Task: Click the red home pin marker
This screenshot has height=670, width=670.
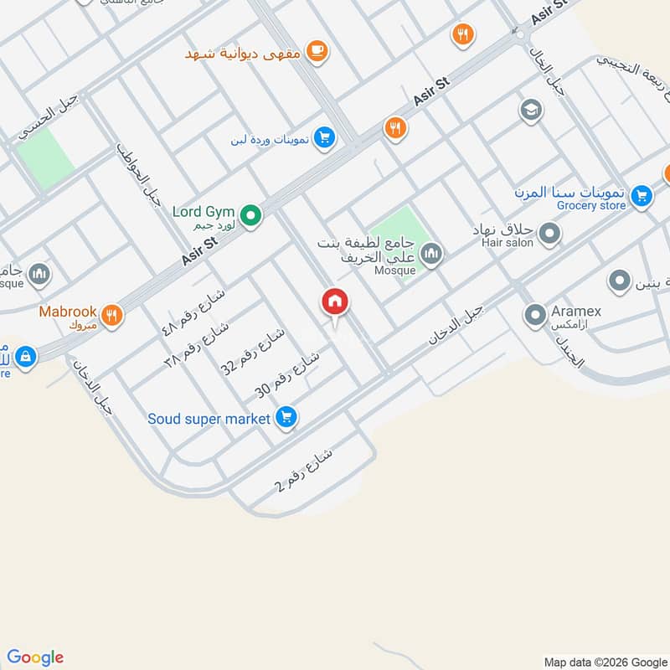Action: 335,302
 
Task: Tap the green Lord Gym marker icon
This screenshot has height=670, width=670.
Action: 250,217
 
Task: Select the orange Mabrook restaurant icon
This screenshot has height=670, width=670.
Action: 111,315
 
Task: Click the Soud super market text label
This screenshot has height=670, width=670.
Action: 209,418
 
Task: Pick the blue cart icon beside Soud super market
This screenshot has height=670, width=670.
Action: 286,417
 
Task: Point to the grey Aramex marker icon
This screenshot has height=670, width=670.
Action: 535,316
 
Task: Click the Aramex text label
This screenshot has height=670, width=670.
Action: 576,311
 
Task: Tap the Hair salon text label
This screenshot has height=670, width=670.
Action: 507,243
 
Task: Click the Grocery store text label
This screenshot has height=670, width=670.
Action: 591,205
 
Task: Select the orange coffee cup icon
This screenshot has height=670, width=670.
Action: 316,51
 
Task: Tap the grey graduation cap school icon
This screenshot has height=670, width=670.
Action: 530,111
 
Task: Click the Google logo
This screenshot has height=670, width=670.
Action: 35,657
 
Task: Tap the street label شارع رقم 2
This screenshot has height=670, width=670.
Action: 303,471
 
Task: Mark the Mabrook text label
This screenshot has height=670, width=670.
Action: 68,311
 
